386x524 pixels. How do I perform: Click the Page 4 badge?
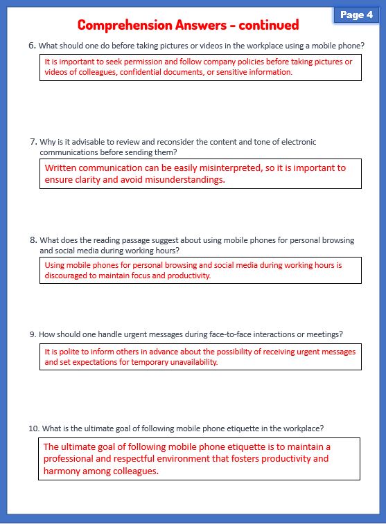(356, 15)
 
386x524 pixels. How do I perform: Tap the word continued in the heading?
(267, 25)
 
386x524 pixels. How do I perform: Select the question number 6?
(32, 46)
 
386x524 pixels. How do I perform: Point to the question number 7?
(33, 142)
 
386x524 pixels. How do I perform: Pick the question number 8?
(33, 240)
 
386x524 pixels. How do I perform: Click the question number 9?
(33, 334)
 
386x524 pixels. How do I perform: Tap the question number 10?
(34, 428)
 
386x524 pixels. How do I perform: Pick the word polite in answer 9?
(66, 352)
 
